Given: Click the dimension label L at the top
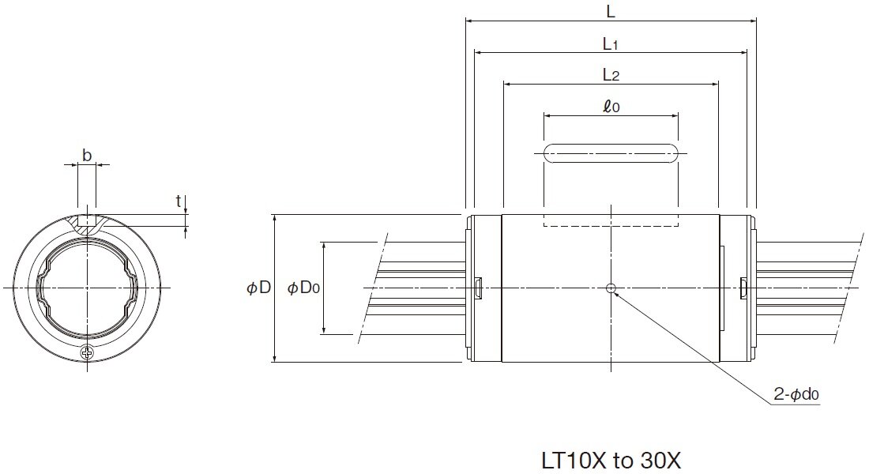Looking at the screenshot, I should pyautogui.click(x=610, y=11).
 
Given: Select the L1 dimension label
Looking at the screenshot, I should pyautogui.click(x=610, y=45).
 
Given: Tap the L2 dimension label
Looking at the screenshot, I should pyautogui.click(x=610, y=75).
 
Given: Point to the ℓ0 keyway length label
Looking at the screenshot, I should pyautogui.click(x=610, y=106).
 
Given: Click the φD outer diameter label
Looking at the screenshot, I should pyautogui.click(x=259, y=288).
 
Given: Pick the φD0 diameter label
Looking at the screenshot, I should pyautogui.click(x=303, y=288).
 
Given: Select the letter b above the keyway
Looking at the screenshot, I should pyautogui.click(x=86, y=156).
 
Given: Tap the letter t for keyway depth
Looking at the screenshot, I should pyautogui.click(x=179, y=201).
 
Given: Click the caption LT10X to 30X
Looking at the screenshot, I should pyautogui.click(x=611, y=460).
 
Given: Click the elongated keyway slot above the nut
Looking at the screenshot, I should pyautogui.click(x=610, y=153).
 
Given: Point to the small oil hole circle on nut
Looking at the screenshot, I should pyautogui.click(x=610, y=288).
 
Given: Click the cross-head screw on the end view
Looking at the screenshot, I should pyautogui.click(x=87, y=352).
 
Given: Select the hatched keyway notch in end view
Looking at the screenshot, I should pyautogui.click(x=87, y=224).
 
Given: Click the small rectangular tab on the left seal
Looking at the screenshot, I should pyautogui.click(x=479, y=288).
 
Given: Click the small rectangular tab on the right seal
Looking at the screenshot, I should pyautogui.click(x=742, y=288).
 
